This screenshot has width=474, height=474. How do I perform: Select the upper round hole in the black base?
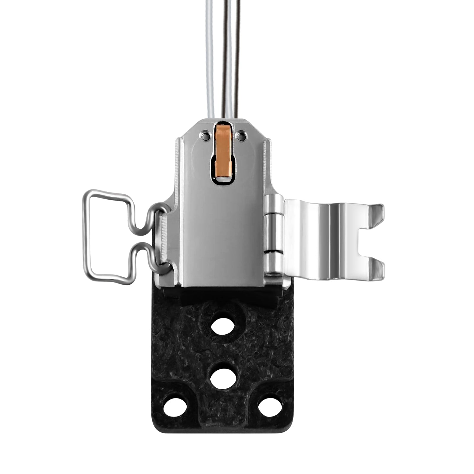point(222,326)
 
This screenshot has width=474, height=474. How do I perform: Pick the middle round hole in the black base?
point(223,378)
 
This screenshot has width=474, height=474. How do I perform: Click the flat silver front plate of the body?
point(222,237)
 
